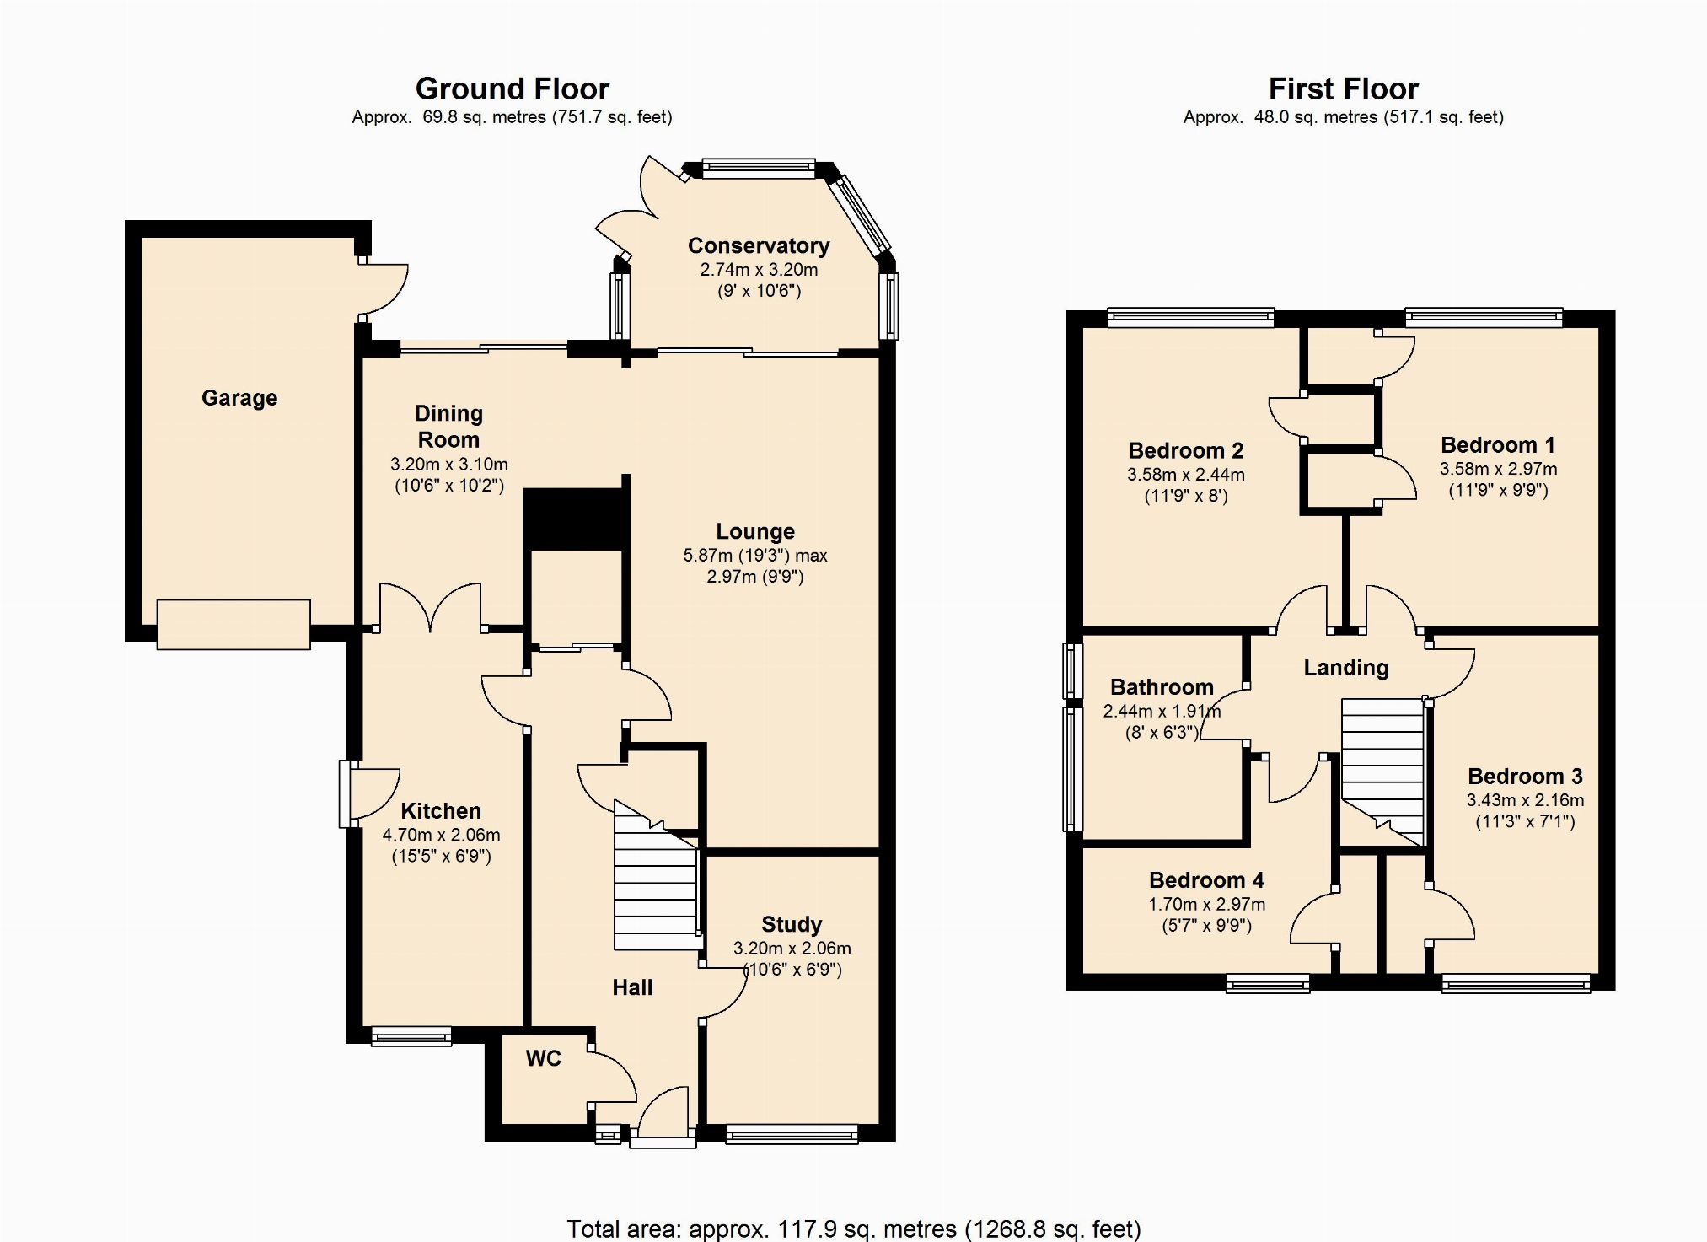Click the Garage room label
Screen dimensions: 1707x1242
point(239,398)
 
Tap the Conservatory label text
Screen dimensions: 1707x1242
point(759,246)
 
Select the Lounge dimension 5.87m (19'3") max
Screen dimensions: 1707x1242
point(755,556)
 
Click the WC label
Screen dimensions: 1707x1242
point(544,1058)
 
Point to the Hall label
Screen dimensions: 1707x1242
point(632,987)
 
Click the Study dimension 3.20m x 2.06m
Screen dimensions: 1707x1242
point(792,949)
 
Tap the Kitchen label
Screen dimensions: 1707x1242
point(441,811)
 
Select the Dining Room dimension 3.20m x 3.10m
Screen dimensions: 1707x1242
point(449,465)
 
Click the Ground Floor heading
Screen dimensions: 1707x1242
point(513,89)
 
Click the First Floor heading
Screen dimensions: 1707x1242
point(1344,89)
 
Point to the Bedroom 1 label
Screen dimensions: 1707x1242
point(1498,445)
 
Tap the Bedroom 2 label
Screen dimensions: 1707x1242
point(1186,451)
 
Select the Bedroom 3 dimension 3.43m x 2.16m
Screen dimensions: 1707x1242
point(1525,800)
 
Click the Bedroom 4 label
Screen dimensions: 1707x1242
point(1206,880)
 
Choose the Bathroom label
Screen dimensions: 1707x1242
point(1162,687)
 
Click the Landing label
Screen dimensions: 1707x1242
point(1346,668)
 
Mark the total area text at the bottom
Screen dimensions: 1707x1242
point(853,1229)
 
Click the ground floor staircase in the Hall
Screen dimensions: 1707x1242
point(656,877)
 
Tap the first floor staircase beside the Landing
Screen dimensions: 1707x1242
point(1382,772)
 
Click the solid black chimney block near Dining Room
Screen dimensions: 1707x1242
point(575,519)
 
